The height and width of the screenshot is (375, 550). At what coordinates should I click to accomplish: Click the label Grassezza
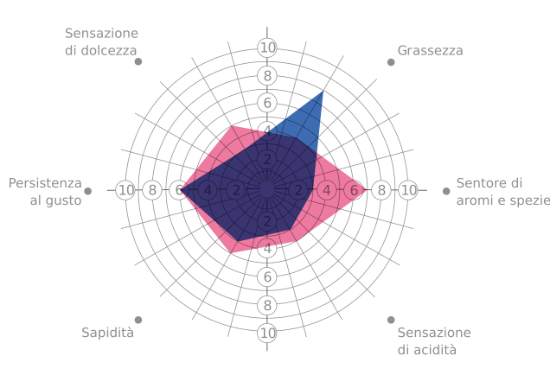(x=430, y=51)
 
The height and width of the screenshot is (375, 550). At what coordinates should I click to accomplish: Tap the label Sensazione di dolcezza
(x=101, y=41)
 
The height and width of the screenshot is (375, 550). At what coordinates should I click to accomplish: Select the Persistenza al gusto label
(x=45, y=192)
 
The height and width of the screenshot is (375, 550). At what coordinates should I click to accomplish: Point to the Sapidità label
(x=108, y=333)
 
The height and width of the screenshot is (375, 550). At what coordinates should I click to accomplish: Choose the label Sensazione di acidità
(x=434, y=341)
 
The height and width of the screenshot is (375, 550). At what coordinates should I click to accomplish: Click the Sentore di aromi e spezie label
(x=503, y=192)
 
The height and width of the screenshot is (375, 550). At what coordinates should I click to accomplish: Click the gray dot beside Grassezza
(x=391, y=62)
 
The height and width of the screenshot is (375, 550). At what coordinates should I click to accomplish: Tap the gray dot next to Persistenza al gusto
(x=88, y=191)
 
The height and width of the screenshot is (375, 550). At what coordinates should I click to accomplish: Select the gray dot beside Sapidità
(x=138, y=320)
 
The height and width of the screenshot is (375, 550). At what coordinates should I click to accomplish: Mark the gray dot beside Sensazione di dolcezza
(x=138, y=61)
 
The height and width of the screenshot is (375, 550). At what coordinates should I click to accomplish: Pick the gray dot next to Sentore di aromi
(x=446, y=191)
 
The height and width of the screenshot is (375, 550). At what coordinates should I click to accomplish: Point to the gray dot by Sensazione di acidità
(x=391, y=320)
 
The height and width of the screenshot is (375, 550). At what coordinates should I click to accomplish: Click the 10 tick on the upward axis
(x=267, y=48)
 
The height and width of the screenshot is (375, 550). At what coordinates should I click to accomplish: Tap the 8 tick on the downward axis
(x=267, y=305)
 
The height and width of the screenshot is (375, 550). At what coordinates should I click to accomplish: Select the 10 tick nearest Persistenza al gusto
(x=125, y=190)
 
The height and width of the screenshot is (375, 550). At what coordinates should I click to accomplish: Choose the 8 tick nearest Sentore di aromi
(x=381, y=190)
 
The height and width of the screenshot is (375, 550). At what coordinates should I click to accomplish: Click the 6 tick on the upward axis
(x=267, y=103)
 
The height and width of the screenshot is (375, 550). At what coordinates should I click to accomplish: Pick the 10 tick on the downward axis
(x=267, y=333)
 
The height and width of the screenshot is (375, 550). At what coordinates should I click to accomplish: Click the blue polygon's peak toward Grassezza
(x=323, y=91)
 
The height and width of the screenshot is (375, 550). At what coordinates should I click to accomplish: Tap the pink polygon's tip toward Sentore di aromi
(x=366, y=190)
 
